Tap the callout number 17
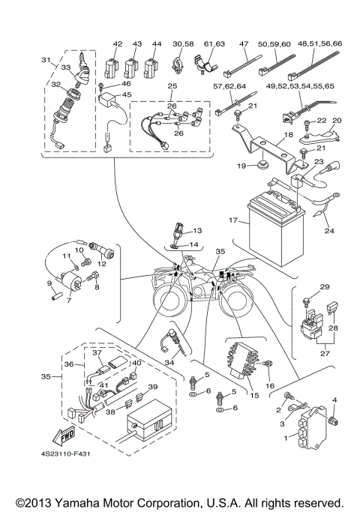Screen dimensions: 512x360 click(233, 220)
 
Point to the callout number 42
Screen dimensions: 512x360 click(118, 44)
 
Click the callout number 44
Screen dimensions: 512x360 click(157, 44)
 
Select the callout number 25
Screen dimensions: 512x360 click(172, 87)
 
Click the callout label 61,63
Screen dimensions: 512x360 click(214, 44)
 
